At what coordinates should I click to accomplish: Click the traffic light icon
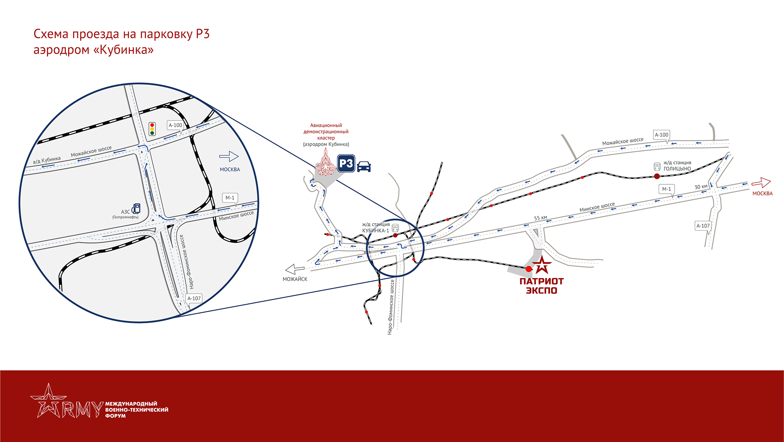[x=152, y=129]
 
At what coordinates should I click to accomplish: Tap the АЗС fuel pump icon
[x=136, y=208]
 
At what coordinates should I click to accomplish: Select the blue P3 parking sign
[x=346, y=163]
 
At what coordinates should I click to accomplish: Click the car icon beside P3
[x=364, y=166]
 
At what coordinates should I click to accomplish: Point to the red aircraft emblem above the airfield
[x=325, y=162]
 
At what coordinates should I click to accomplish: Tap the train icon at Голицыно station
[x=657, y=166]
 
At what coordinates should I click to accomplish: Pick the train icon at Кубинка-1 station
[x=395, y=228]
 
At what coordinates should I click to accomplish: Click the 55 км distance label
[x=540, y=218]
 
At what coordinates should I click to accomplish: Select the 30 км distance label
[x=701, y=187]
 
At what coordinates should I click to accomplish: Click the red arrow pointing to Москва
[x=761, y=183]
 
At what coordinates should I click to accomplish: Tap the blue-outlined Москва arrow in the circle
[x=229, y=156]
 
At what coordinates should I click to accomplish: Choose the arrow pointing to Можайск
[x=295, y=269]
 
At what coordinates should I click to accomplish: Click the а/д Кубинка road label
[x=47, y=160]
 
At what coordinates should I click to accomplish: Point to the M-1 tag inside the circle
[x=230, y=198]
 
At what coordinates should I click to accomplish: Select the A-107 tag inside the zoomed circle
[x=194, y=298]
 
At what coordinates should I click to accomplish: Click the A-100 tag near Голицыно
[x=661, y=135]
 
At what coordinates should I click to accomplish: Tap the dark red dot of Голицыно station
[x=657, y=176]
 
